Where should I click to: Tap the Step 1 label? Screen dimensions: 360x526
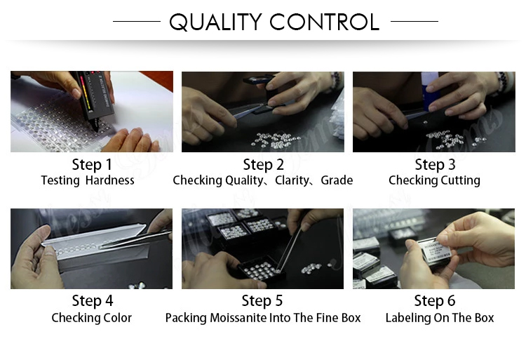coord(92,165)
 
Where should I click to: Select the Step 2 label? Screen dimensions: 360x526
coord(263,165)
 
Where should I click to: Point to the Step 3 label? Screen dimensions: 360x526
coord(435,165)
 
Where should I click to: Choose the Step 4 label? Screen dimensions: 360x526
coord(92,301)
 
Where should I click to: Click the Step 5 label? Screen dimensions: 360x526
coord(262,301)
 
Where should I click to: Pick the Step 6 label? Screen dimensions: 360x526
coord(435,301)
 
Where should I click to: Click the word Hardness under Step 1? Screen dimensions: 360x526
coord(109,180)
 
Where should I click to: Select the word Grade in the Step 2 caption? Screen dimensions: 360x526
coord(337,180)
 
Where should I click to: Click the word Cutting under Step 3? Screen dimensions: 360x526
coord(457,180)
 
